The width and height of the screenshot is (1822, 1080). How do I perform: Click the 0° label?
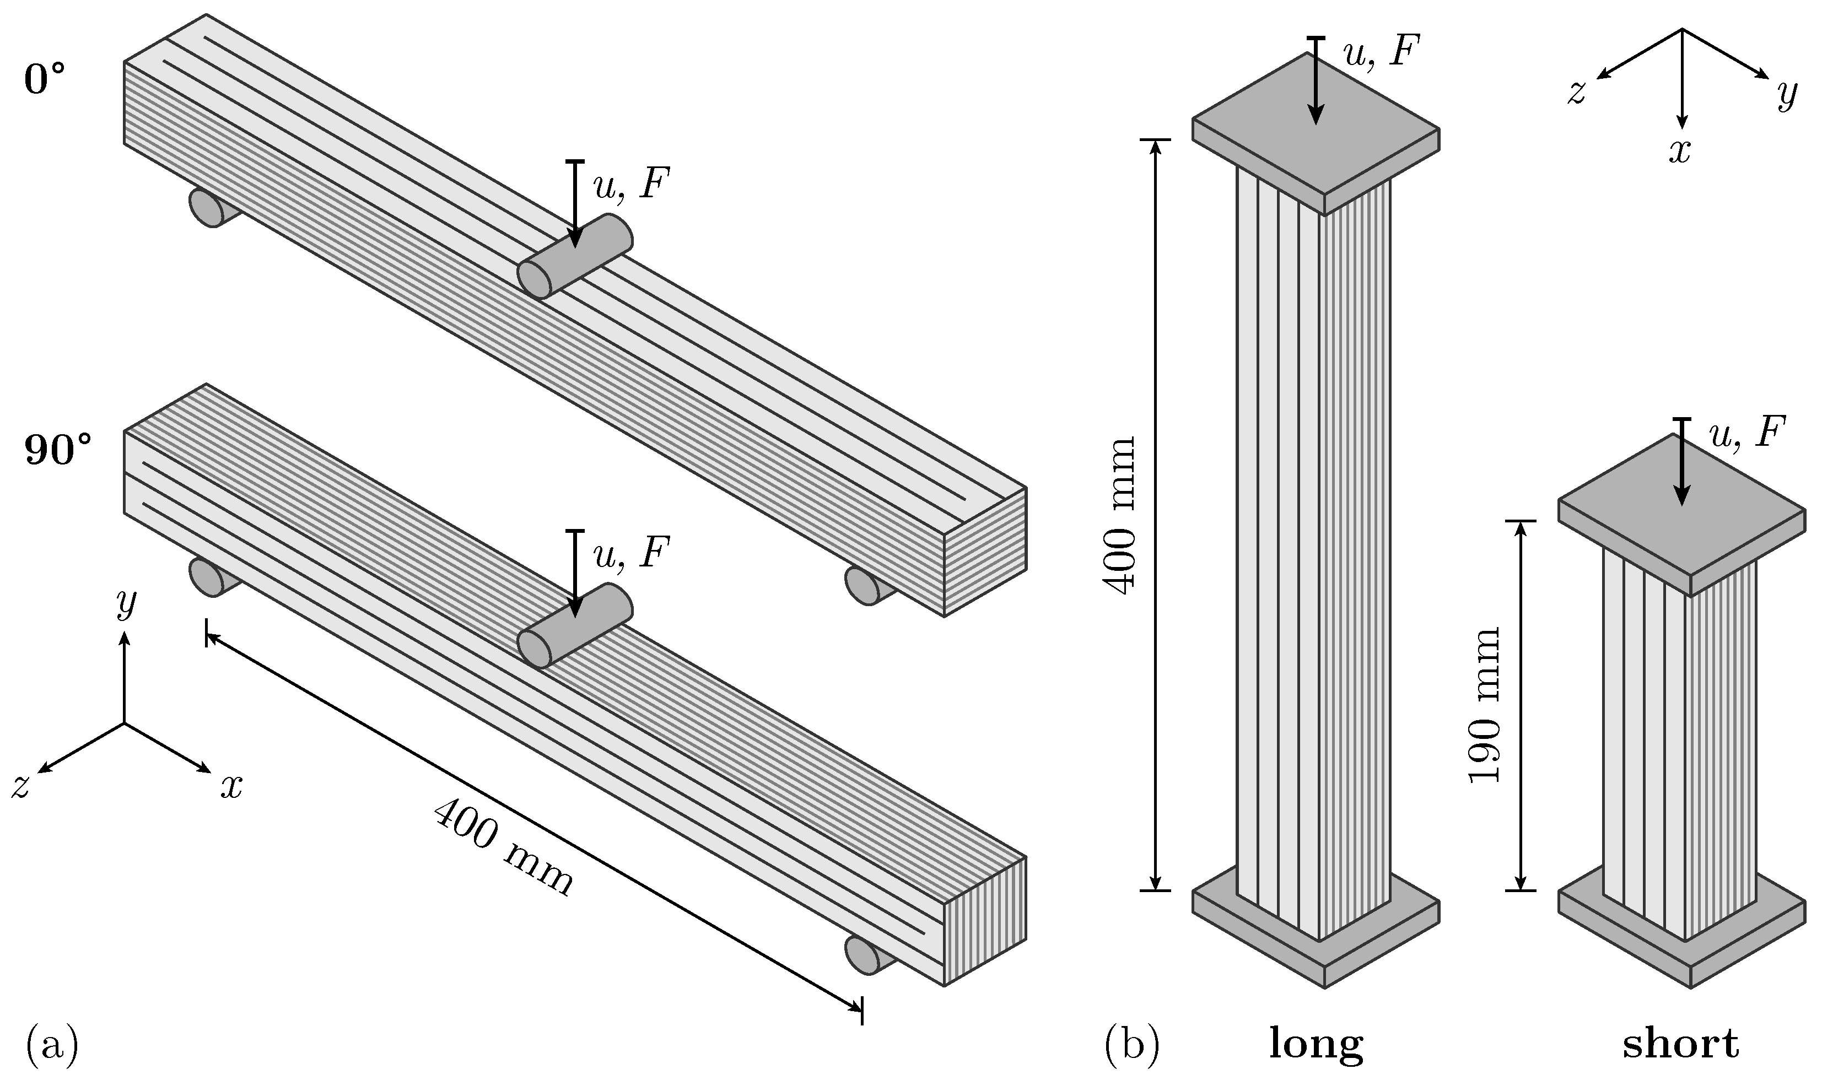pyautogui.click(x=45, y=80)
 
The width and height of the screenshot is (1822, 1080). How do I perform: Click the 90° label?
pyautogui.click(x=58, y=451)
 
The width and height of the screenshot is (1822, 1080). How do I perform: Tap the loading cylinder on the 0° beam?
pyautogui.click(x=574, y=257)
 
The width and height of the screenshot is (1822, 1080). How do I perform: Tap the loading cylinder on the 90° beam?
pyautogui.click(x=574, y=627)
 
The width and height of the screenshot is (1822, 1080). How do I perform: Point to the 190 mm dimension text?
pyautogui.click(x=1484, y=704)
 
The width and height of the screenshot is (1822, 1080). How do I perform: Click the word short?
pyautogui.click(x=1681, y=1044)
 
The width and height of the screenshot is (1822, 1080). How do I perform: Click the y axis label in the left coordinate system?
pyautogui.click(x=126, y=603)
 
